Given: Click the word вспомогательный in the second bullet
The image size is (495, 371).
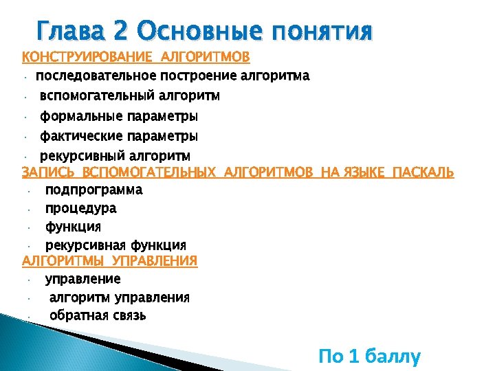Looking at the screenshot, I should pos(97,95).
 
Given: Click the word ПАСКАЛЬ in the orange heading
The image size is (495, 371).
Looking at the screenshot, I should pos(422,172).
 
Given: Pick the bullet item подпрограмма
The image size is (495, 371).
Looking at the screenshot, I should pos(93,190).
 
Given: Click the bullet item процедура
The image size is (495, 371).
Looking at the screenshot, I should pos(80,208).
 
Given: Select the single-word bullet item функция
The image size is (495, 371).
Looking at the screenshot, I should pos(73,227).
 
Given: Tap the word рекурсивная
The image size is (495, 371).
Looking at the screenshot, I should pos(85,245).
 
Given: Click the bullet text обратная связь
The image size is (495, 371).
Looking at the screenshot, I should pos(98,315).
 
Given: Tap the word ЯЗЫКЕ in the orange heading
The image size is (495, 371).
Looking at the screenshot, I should pos(364,172).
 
